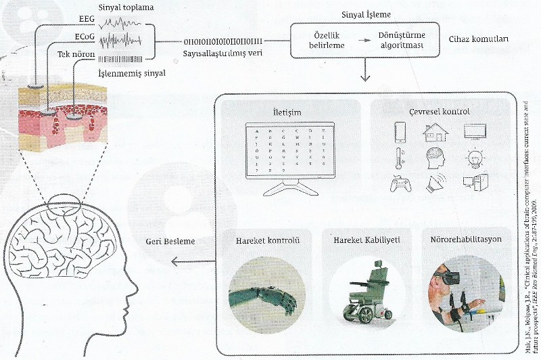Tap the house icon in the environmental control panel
pyautogui.click(x=436, y=131)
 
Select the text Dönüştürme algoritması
pyautogui.click(x=401, y=40)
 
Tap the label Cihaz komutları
pyautogui.click(x=478, y=39)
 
